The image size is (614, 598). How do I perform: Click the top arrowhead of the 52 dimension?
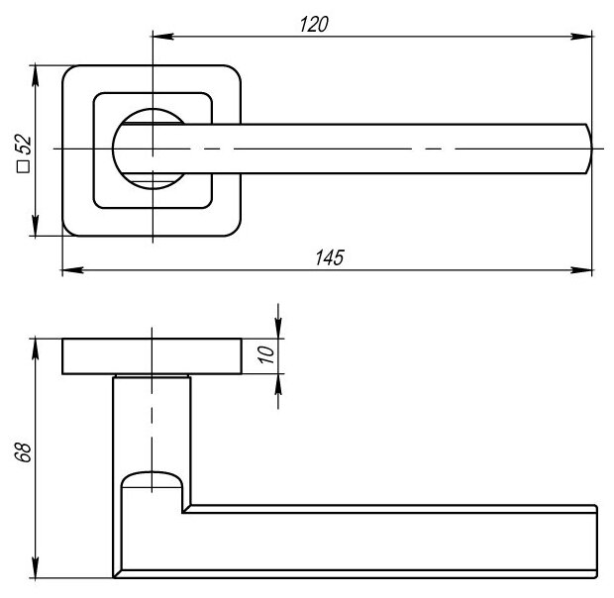pos(36,71)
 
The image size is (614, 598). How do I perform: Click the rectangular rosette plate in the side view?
pos(152,356)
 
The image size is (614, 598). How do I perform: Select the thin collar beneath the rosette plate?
pos(152,377)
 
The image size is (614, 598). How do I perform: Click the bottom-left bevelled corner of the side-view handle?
pos(117,572)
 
